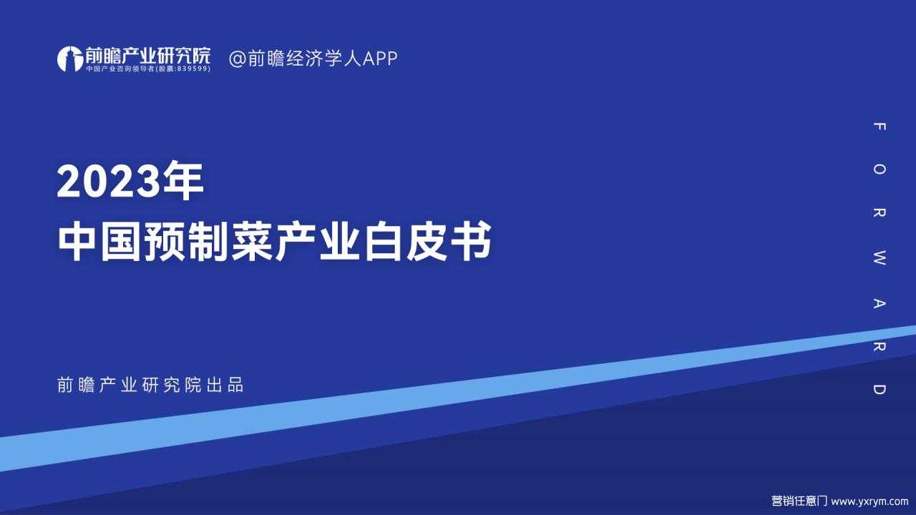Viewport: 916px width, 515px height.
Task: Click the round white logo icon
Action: click(70, 59)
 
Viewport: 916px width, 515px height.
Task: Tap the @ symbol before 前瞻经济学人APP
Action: click(237, 59)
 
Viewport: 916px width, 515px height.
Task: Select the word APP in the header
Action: click(380, 59)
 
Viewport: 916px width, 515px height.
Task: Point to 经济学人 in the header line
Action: click(324, 59)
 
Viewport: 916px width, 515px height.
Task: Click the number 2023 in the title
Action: click(109, 181)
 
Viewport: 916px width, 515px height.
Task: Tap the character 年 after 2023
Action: click(182, 180)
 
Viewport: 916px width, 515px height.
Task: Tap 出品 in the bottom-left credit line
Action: click(225, 385)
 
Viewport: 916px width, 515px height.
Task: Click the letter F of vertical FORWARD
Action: click(879, 127)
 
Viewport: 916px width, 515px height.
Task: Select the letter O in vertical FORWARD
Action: click(879, 170)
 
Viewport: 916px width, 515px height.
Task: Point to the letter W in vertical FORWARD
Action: click(879, 258)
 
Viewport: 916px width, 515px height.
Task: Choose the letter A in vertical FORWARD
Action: click(879, 303)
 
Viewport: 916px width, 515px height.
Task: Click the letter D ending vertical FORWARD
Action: click(879, 389)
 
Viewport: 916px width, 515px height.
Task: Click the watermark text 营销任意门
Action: click(799, 501)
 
